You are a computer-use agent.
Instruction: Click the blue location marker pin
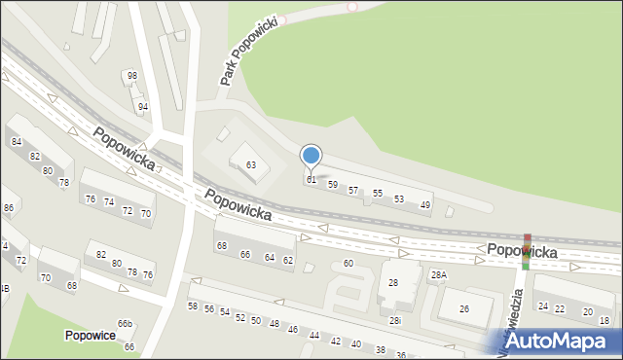311,156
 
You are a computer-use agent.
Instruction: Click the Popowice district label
91,336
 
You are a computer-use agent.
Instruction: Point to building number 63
251,165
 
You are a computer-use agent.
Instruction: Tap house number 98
132,76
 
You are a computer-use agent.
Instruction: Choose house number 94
143,107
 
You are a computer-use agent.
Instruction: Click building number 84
17,142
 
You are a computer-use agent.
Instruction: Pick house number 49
425,205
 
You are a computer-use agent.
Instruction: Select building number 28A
439,276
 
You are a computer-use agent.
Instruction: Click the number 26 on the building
464,309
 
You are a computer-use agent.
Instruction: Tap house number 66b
125,324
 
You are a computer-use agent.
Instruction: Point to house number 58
193,306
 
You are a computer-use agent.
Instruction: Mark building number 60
348,264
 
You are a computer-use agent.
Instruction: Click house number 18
605,320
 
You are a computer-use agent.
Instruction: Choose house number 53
399,199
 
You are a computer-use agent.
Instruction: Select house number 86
9,208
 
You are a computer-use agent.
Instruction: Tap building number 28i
394,320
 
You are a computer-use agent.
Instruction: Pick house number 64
270,257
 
